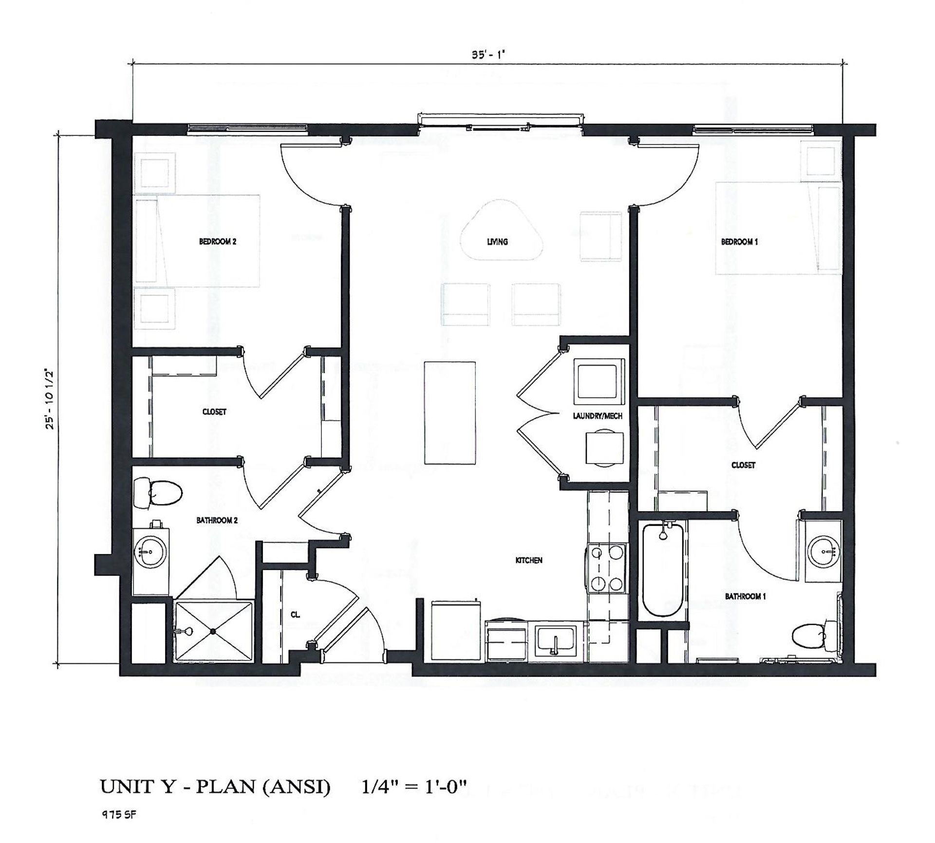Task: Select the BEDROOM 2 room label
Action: (218, 241)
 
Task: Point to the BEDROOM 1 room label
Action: (739, 241)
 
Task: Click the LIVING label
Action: (497, 241)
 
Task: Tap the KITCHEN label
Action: (529, 560)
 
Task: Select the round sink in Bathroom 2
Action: (150, 552)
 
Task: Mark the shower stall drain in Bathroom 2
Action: (213, 632)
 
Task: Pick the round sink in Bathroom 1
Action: (823, 552)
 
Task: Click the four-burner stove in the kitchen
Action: (606, 568)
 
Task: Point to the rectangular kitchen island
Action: (449, 412)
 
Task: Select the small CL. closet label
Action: (295, 615)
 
